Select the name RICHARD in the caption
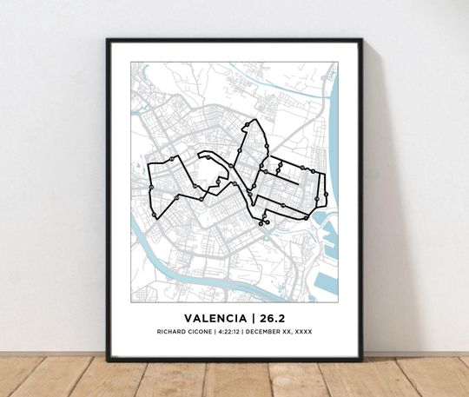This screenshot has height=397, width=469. [172, 331]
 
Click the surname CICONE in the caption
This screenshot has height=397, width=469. [201, 331]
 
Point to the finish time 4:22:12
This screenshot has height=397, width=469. [228, 331]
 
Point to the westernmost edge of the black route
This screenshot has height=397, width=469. [150, 187]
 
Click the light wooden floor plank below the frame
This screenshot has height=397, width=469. [234, 378]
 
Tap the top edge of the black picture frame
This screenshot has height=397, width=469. [234, 40]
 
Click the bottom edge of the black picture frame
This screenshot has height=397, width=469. [234, 358]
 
